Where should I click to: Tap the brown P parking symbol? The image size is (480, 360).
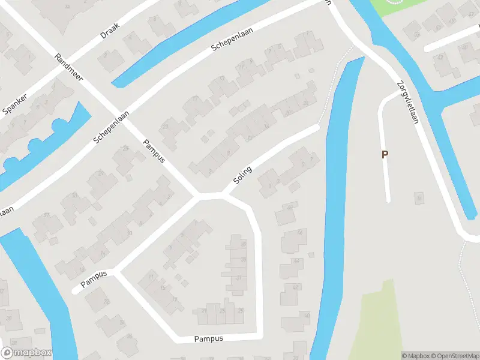coord(385,154)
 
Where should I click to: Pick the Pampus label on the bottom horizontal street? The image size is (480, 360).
coord(208,339)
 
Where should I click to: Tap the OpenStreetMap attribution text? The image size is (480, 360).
coord(452,356)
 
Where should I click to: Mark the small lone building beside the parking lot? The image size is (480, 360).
coord(418,197)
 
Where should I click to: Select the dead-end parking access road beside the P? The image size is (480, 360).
coord(384,150)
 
